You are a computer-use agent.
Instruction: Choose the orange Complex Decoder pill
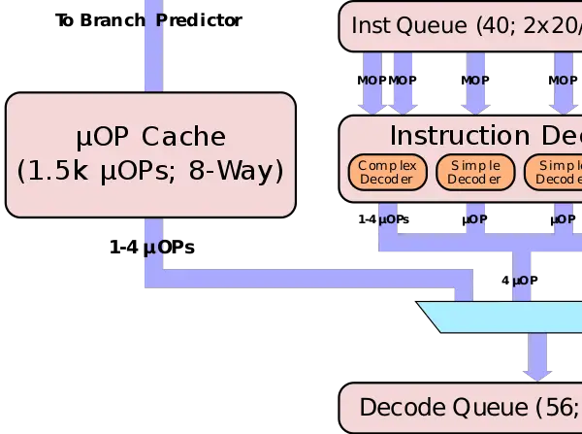pyautogui.click(x=386, y=172)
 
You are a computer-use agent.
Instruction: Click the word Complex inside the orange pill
pyautogui.click(x=386, y=165)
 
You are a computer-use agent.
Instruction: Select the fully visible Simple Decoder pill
pyautogui.click(x=474, y=172)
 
